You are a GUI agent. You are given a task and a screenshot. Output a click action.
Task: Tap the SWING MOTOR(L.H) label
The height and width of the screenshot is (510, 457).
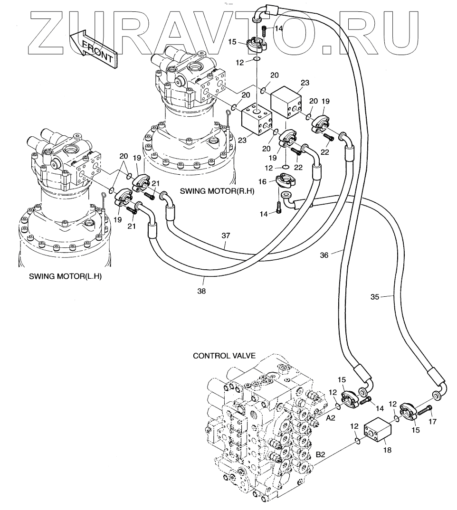tap(65, 276)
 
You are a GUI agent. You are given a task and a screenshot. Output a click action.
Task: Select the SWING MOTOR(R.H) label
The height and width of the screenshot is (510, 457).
tap(217, 191)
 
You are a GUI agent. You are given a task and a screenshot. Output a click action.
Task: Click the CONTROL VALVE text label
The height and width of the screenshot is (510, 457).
tap(224, 356)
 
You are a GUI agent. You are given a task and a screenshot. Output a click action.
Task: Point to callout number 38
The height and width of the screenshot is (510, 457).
tap(201, 291)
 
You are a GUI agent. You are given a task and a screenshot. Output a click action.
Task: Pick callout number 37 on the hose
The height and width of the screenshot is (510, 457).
tap(226, 236)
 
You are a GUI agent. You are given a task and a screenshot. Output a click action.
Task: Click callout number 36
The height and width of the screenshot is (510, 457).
tap(324, 255)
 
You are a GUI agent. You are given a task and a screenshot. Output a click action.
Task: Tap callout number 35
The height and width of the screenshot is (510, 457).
tap(375, 297)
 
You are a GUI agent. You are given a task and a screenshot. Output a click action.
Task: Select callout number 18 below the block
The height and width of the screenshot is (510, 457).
tap(387, 450)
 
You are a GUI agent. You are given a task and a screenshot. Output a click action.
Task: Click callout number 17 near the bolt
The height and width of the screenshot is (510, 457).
tap(433, 422)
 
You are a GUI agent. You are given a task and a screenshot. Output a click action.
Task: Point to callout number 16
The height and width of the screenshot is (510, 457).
tap(262, 181)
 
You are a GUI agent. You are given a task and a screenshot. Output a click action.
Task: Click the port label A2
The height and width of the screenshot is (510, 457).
tap(331, 418)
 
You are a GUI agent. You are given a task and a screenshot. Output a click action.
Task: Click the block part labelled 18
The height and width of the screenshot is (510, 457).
tap(377, 430)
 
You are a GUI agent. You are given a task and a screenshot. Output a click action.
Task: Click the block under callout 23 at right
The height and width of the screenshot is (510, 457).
tap(286, 102)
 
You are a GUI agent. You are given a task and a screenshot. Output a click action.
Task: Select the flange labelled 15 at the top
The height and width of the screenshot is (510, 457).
tap(257, 44)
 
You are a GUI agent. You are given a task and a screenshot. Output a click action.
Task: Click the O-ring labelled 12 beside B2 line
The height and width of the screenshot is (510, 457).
tap(357, 441)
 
